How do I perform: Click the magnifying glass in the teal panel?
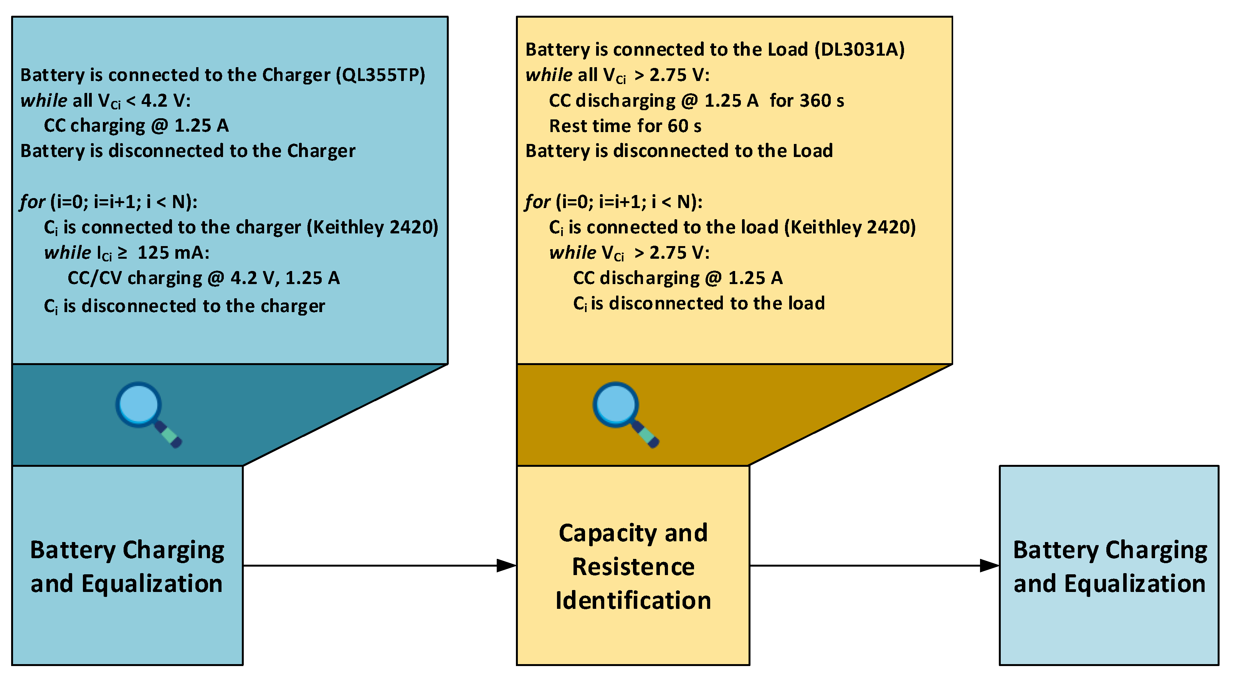[x=146, y=413]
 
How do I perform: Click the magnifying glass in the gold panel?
[x=623, y=413]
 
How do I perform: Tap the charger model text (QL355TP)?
[x=380, y=75]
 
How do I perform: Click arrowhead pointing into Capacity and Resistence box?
[x=506, y=566]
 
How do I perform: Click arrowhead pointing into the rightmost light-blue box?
[x=989, y=566]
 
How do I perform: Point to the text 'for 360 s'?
[x=807, y=101]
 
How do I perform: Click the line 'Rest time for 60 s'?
[x=625, y=126]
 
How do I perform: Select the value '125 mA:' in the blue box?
[x=173, y=253]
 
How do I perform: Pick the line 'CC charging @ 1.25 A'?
[x=136, y=126]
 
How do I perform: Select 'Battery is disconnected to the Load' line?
[x=679, y=151]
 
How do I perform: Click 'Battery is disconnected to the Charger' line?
[x=188, y=151]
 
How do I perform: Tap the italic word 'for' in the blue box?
[x=33, y=202]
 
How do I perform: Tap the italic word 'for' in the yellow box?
[x=537, y=202]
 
